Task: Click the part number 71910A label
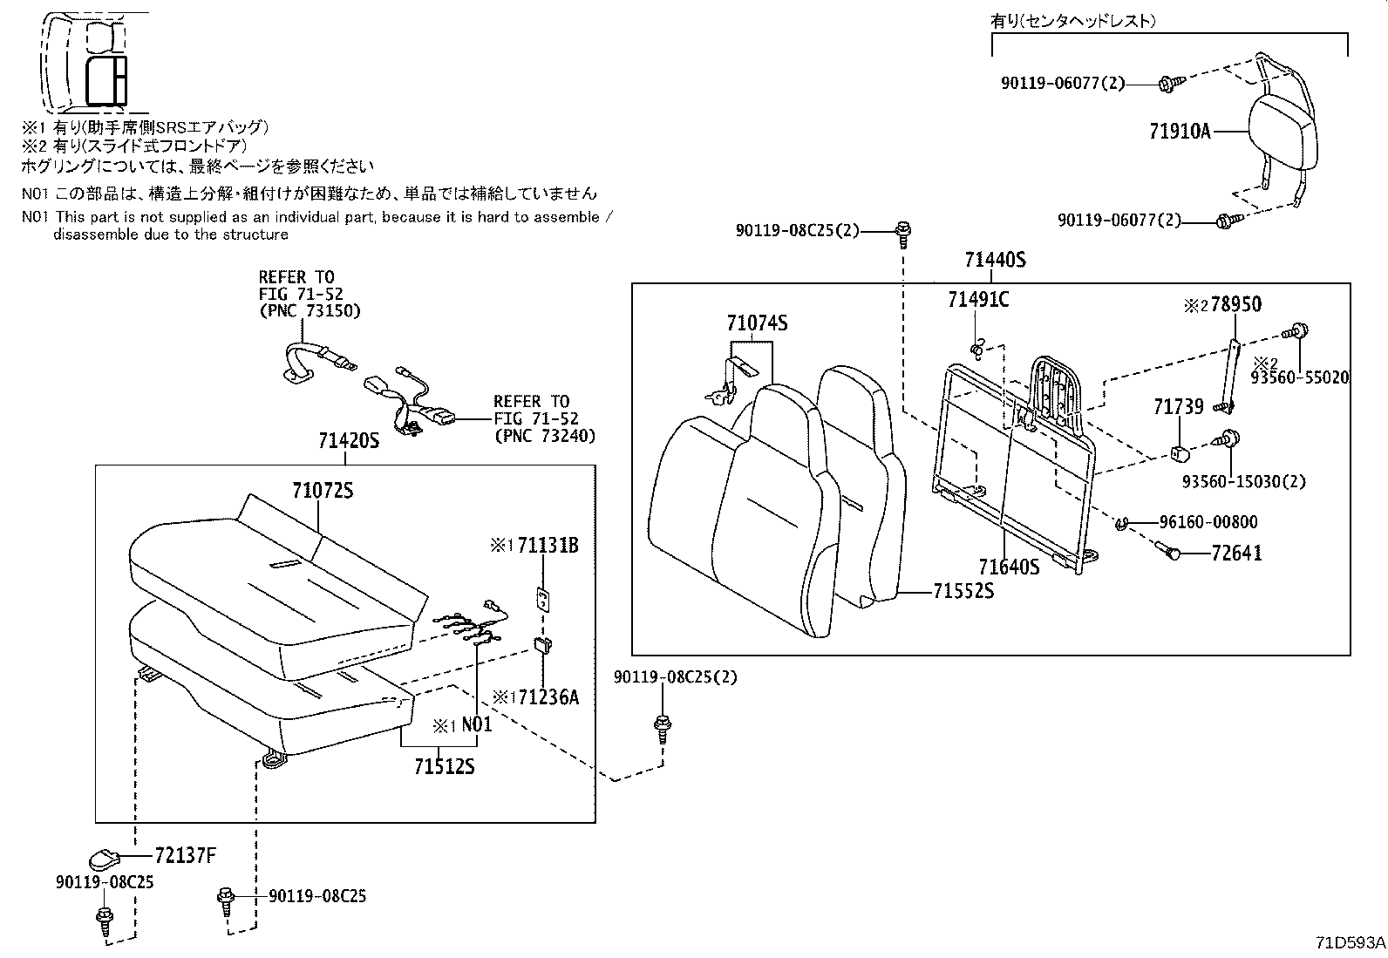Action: [1180, 132]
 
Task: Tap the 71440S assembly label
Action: [995, 260]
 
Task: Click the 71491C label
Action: [978, 300]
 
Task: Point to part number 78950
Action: [1234, 305]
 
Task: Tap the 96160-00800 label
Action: [1208, 522]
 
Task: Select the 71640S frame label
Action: [1009, 567]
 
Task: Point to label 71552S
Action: [963, 591]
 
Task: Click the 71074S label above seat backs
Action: [757, 323]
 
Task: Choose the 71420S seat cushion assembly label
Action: [349, 441]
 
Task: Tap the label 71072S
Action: [322, 491]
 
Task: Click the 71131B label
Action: [548, 546]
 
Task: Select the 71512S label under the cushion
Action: [444, 767]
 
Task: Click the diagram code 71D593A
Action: [1350, 942]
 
